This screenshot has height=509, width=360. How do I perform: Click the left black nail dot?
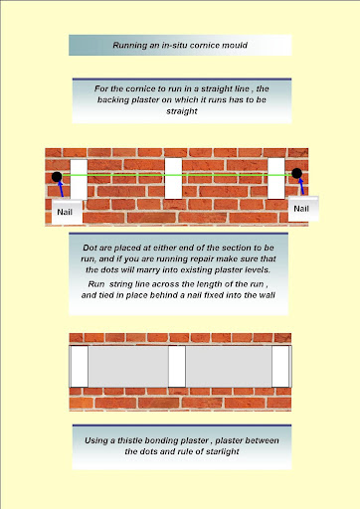coord(57,177)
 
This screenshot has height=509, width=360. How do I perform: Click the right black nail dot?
coord(296,173)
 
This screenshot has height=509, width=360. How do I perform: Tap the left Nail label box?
coord(67,212)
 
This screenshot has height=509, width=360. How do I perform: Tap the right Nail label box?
coord(303,209)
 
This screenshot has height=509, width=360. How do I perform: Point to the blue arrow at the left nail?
coord(61,189)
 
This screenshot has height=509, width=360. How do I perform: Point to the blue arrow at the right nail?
coord(301,186)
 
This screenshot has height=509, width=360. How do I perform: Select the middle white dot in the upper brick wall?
coord(173,178)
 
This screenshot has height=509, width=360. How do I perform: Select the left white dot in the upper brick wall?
coord(79,180)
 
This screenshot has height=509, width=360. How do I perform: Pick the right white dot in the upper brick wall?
coord(276,178)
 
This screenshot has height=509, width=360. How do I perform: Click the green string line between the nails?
coord(177,175)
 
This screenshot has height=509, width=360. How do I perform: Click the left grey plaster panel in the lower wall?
coord(128,366)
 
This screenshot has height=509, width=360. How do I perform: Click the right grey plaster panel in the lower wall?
coord(229,366)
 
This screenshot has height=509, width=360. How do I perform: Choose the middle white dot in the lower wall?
coord(177,366)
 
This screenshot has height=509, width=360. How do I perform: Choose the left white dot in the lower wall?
coord(80,366)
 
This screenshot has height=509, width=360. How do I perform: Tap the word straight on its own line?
coord(182,111)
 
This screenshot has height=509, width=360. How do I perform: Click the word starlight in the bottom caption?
coord(222,451)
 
